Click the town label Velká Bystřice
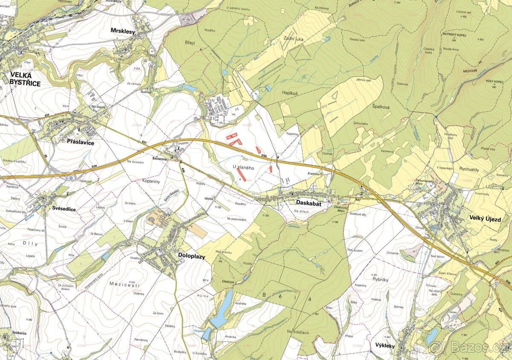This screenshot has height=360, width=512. click(25, 80)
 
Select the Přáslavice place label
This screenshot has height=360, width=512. click(80, 142)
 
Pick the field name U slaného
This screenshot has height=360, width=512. click(244, 168)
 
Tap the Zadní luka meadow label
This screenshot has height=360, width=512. click(293, 38)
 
